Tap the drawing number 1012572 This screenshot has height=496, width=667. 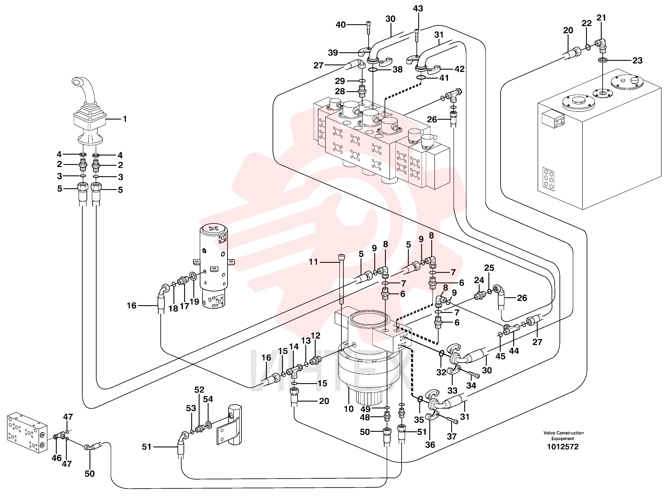563,447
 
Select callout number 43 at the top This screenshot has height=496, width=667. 418,8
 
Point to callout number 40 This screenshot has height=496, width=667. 341,25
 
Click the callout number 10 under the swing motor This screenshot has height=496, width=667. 349,409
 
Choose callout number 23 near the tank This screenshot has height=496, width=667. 637,60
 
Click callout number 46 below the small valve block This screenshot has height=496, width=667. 57,458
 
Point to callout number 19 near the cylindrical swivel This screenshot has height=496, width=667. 194,302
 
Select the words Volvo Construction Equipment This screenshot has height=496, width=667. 563,436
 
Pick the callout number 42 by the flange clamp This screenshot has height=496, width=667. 459,69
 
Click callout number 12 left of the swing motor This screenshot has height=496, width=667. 315,336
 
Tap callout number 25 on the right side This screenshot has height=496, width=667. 489,268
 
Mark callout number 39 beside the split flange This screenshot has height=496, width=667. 333,53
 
